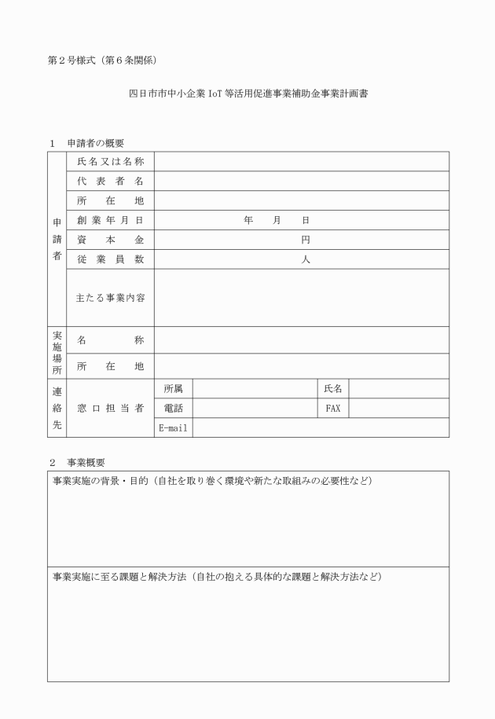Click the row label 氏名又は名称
pos(110,161)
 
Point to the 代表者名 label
pos(110,181)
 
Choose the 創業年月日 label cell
pos(110,220)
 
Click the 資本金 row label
pos(110,240)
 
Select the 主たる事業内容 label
pos(110,298)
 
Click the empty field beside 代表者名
pos(302,181)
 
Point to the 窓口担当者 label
pos(110,408)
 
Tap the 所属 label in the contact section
pos(173,388)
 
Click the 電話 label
pos(173,408)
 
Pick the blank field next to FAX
pos(398,408)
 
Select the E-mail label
pos(173,427)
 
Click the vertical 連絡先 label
pos(57,408)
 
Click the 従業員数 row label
pos(110,259)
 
